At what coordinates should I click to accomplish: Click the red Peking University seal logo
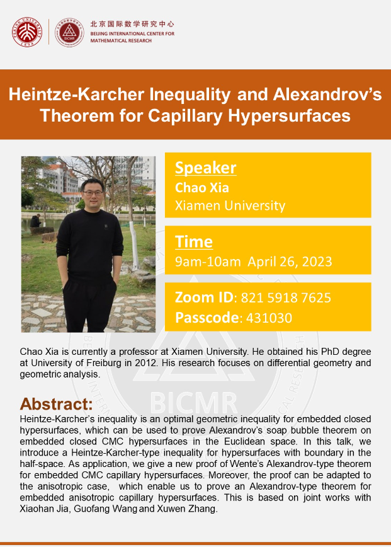26,32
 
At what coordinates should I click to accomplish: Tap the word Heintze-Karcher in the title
65,95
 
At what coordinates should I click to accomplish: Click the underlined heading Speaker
206,168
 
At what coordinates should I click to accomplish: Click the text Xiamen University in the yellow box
230,205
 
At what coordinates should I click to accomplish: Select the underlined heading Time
194,241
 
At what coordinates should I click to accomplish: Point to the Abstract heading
56,403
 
